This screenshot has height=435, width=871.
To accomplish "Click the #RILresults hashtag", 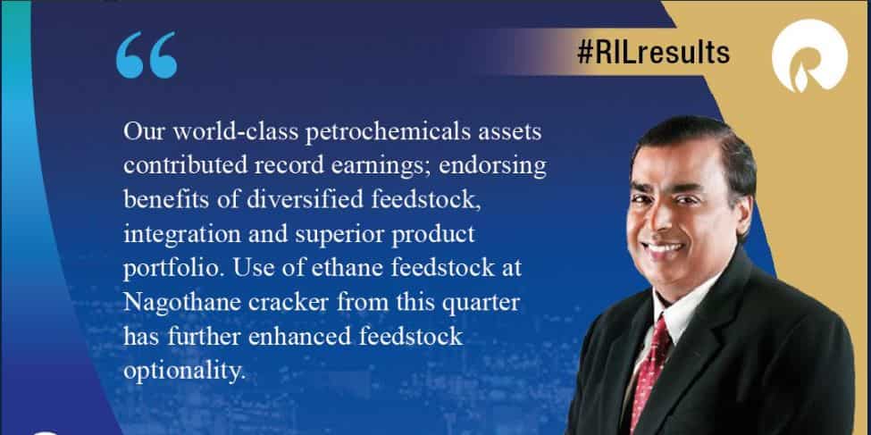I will point(654,53).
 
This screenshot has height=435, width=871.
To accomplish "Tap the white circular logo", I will point(809,60).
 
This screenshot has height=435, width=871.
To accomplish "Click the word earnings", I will point(383,166).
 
